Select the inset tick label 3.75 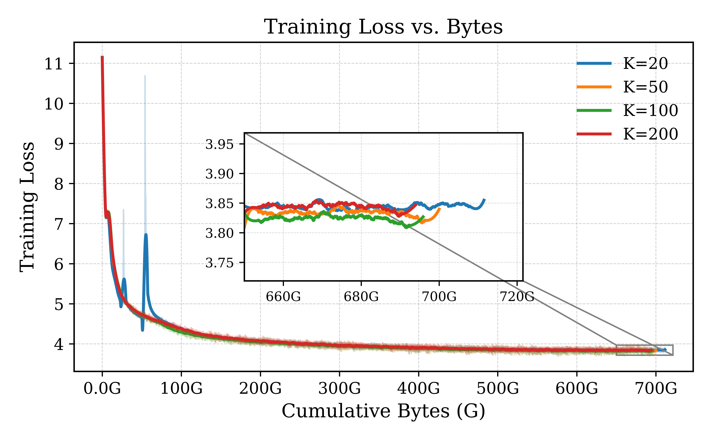point(219,263)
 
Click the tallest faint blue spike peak point(145,76)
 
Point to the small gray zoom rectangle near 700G point(645,350)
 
